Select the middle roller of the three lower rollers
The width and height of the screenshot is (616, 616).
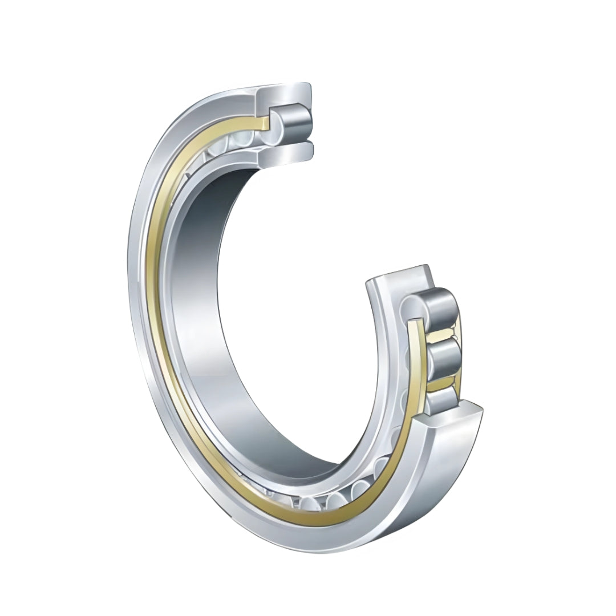click(x=445, y=357)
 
